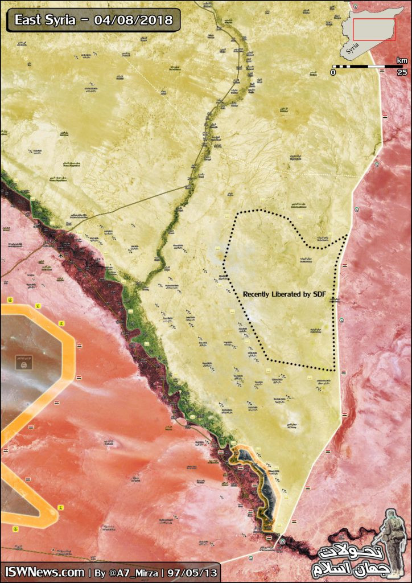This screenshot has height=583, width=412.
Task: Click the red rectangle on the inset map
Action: [374, 29]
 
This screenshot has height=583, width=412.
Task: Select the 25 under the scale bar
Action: [402, 73]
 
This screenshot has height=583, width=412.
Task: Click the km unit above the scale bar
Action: [402, 60]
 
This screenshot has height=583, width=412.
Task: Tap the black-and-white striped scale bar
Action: [368, 67]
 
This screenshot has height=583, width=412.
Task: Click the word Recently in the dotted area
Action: [259, 294]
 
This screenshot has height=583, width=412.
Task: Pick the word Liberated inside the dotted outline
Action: [293, 294]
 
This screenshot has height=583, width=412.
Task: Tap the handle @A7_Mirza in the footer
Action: [134, 572]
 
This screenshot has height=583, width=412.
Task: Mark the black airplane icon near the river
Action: [61, 254]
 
